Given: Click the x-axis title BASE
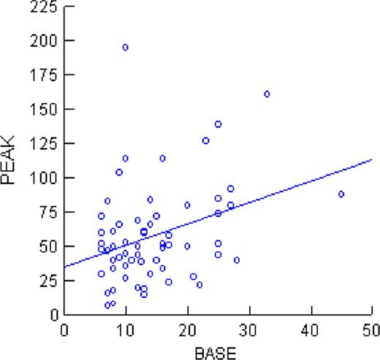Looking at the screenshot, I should tap(217, 351).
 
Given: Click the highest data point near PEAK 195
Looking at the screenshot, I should tap(126, 47).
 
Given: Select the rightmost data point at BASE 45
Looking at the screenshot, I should tap(341, 194).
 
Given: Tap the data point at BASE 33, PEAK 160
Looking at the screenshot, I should tap(267, 94).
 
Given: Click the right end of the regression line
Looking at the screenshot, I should tap(372, 160).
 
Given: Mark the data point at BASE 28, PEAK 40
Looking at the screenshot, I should tap(237, 260).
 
